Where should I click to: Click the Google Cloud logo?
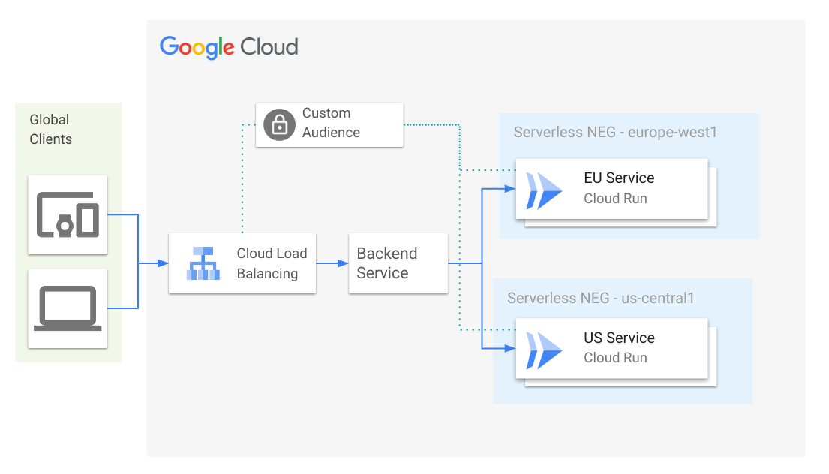229,47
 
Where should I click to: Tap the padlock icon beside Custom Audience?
279,124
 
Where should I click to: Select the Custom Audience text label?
331,123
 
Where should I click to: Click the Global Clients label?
50,130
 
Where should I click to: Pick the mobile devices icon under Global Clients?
68,215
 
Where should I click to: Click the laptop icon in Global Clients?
68,307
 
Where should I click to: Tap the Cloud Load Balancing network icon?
203,263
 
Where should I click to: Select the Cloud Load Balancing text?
271,263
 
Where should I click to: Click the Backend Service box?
398,263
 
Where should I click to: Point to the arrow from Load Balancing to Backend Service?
332,263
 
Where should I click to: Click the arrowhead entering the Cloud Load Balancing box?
163,263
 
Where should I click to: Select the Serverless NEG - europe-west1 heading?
615,133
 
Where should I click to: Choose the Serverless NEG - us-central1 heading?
600,298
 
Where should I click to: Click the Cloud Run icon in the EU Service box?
544,190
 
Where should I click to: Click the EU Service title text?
619,178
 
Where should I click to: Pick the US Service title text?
619,338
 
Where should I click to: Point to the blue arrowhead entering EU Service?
510,189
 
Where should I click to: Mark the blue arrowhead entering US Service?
510,349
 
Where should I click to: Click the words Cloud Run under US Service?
615,358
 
